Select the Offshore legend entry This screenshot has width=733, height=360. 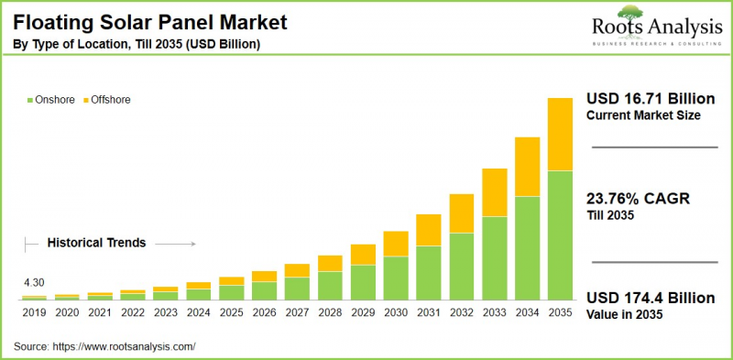(x=110, y=99)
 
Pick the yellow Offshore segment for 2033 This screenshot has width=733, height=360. (x=495, y=192)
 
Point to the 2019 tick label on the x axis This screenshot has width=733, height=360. (x=34, y=313)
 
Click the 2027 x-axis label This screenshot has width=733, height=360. (x=297, y=313)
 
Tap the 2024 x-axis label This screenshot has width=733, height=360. (x=199, y=313)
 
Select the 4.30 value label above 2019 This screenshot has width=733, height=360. (x=34, y=283)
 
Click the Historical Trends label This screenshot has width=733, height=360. (x=96, y=244)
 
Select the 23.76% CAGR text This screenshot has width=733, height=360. (x=631, y=198)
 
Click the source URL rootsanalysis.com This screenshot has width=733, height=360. (x=126, y=347)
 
